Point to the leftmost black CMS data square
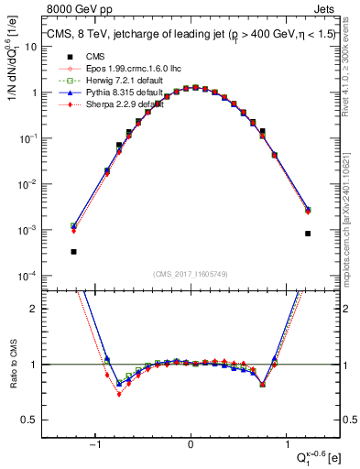tap(73, 251)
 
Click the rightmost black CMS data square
tap(308, 234)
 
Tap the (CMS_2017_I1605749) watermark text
tap(191, 274)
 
